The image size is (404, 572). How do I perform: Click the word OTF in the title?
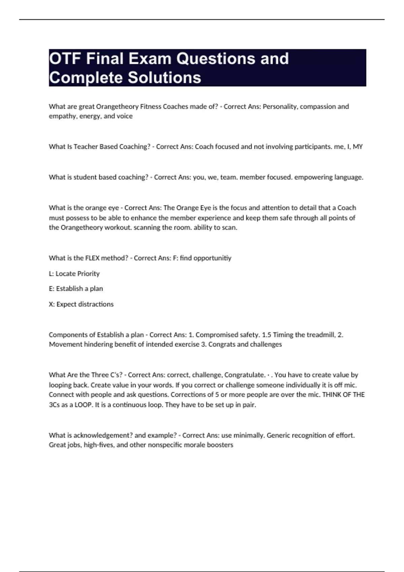point(65,59)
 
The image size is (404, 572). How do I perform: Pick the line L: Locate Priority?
point(74,274)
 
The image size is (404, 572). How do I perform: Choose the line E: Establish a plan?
point(76,289)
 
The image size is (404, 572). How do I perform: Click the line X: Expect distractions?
point(81,304)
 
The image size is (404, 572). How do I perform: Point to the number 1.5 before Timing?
point(266,335)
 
